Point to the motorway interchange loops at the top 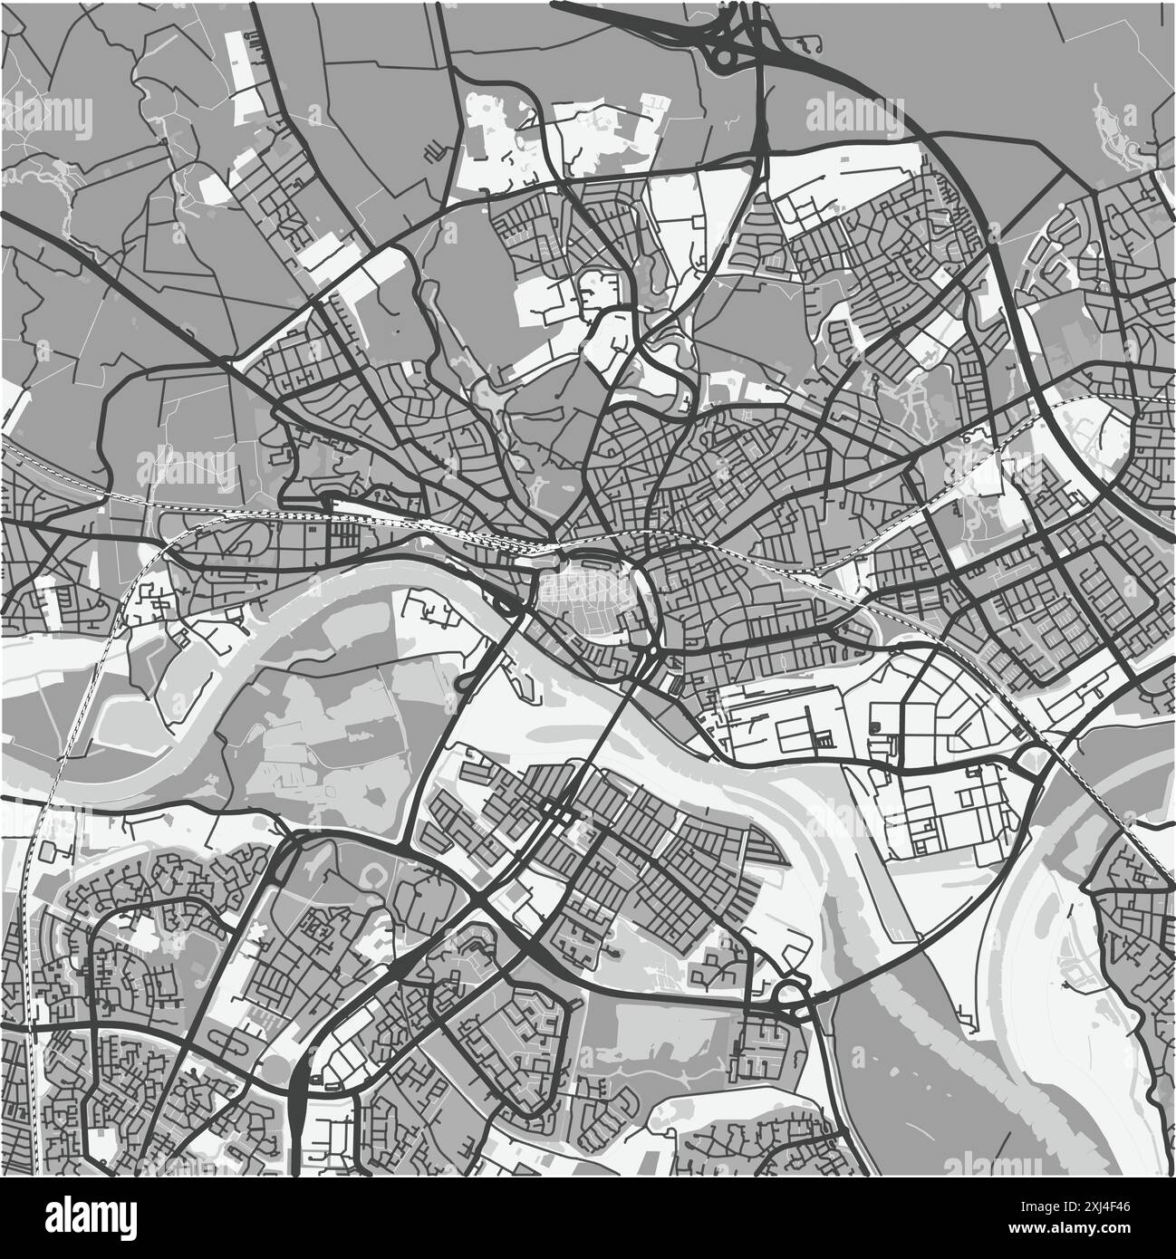pyautogui.click(x=730, y=41)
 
